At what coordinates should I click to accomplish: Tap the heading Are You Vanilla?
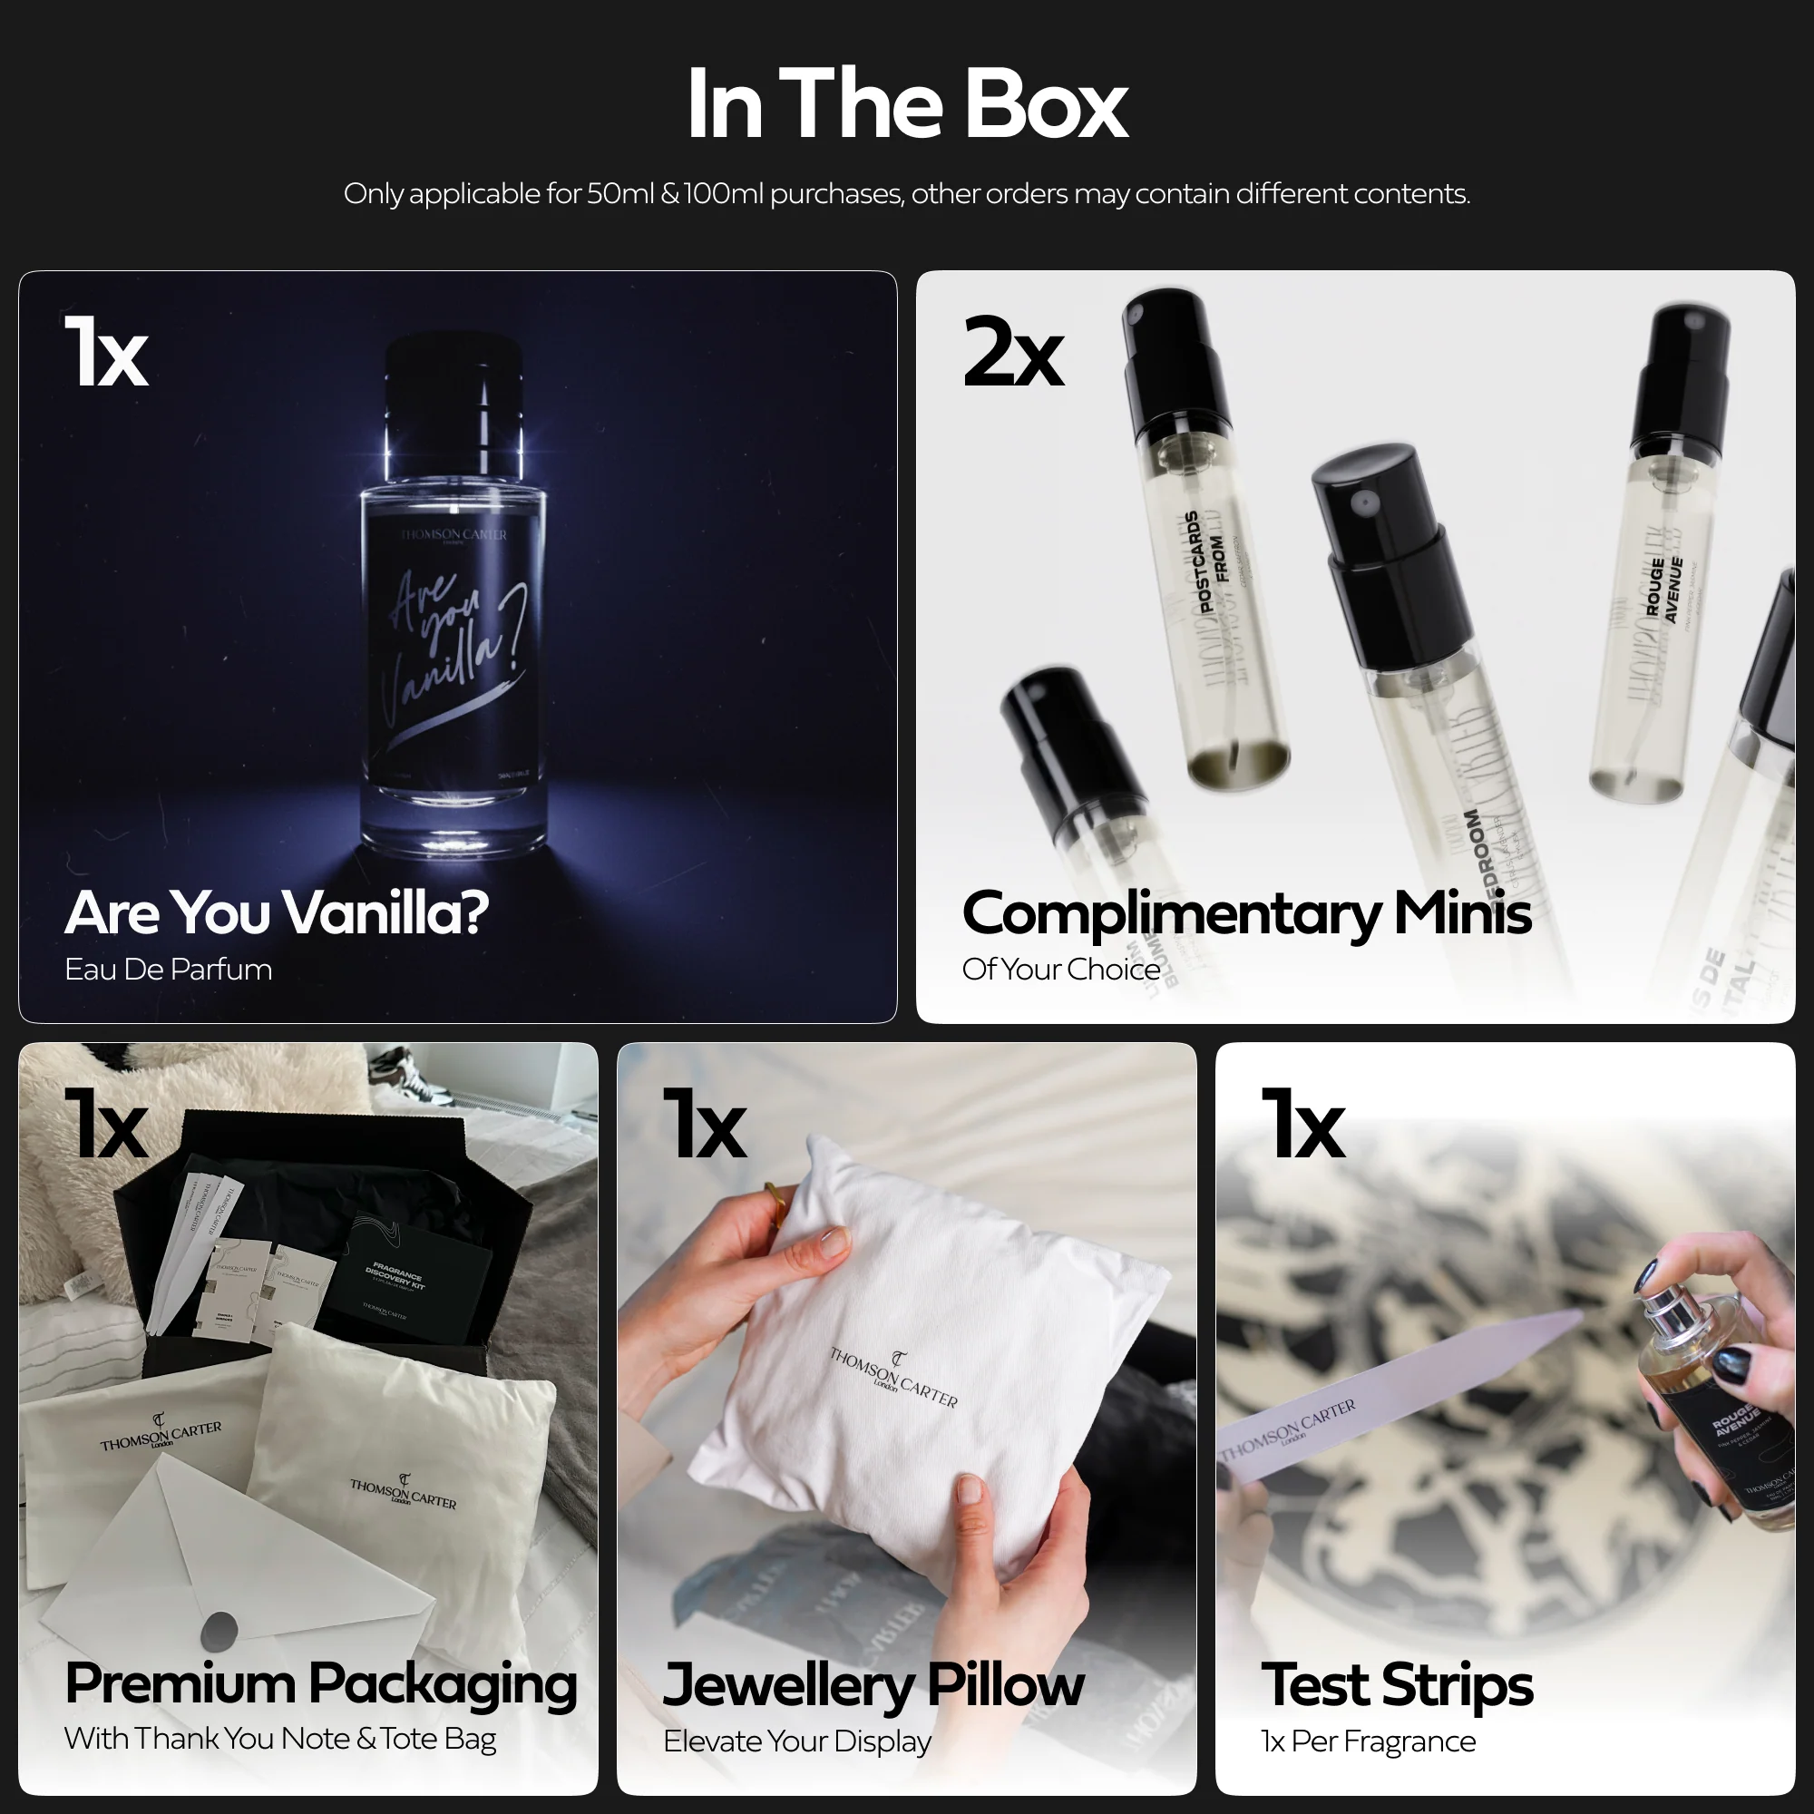click(276, 912)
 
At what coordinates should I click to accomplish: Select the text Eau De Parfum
click(168, 969)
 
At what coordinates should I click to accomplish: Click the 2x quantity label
click(1012, 353)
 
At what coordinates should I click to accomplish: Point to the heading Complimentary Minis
click(1246, 912)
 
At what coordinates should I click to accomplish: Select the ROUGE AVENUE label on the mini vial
click(1663, 589)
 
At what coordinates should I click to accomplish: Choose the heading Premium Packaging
click(320, 1683)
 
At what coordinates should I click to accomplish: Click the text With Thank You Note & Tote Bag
click(279, 1739)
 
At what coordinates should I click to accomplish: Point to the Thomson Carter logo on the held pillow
click(892, 1376)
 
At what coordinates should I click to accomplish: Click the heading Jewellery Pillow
click(873, 1684)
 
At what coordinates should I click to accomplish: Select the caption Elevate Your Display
click(796, 1741)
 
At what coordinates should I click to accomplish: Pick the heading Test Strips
click(1396, 1684)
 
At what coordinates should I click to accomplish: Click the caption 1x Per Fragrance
click(1367, 1741)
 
